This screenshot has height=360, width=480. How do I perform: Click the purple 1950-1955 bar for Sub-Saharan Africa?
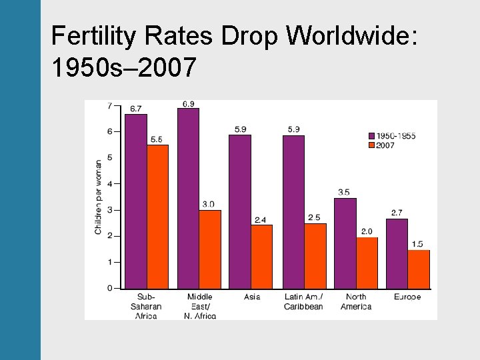click(x=136, y=201)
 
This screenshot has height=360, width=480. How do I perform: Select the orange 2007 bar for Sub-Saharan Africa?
click(x=157, y=217)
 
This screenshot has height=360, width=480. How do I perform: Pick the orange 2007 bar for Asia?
click(x=261, y=256)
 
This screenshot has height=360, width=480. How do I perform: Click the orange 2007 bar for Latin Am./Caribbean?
click(x=315, y=255)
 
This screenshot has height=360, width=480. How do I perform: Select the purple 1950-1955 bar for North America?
click(x=345, y=243)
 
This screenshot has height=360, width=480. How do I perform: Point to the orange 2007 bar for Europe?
click(x=419, y=269)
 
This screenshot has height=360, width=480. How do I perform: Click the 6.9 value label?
click(x=189, y=103)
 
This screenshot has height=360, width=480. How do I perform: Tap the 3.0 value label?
click(x=209, y=204)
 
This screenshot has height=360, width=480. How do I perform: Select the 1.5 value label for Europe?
click(x=417, y=244)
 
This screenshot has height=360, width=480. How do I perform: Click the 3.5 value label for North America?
click(x=344, y=192)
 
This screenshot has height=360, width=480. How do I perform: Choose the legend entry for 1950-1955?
click(x=392, y=136)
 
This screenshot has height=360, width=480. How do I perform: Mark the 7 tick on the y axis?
click(x=109, y=106)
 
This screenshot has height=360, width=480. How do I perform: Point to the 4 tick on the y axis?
click(x=109, y=184)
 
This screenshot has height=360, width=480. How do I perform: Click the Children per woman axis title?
click(x=99, y=197)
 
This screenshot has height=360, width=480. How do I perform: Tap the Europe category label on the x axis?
click(x=407, y=297)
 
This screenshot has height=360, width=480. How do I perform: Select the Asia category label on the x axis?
click(x=252, y=297)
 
